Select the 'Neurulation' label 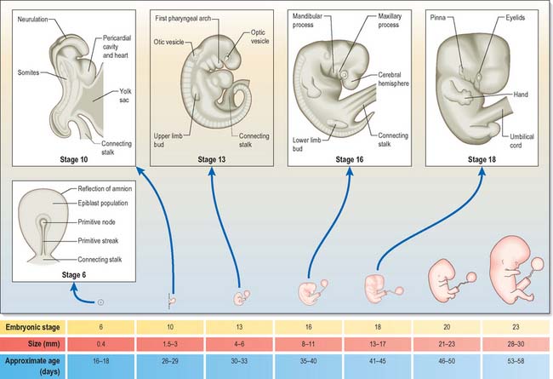tap(33, 17)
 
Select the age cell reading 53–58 tap(516, 365)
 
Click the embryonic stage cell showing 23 tap(516, 327)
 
